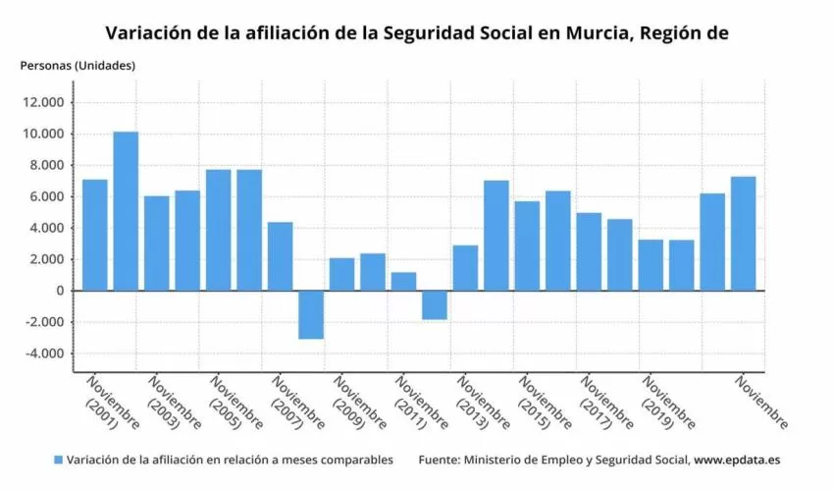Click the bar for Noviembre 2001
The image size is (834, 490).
95,235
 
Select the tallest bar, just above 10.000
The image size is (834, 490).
126,211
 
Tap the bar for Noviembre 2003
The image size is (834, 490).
157,243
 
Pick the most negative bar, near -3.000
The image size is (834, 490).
311,314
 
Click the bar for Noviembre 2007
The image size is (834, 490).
281,256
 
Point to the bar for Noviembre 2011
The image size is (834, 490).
403,281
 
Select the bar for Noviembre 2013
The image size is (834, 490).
465,267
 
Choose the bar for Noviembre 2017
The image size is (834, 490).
589,251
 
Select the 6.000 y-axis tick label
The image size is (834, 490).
45,196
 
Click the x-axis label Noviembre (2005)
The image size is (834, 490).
234,403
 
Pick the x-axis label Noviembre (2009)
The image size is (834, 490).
357,403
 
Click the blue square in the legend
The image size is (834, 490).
58,460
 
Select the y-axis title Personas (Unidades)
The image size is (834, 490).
78,65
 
